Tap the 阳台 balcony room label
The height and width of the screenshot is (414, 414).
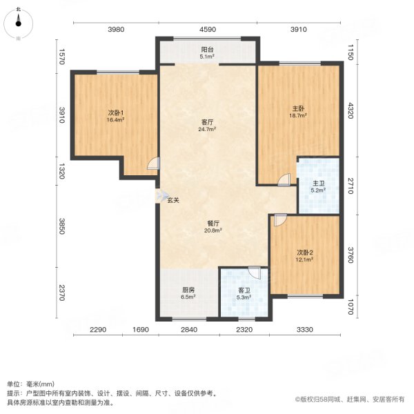206,50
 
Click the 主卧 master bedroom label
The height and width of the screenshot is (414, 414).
298,108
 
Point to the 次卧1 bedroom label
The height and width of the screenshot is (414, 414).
115,112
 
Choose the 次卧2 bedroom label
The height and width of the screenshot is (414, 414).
305,252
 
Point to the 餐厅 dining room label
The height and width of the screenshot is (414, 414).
213,223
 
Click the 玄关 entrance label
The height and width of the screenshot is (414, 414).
173,201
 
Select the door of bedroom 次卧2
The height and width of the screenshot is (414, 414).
278,220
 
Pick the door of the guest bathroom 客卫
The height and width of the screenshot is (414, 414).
255,272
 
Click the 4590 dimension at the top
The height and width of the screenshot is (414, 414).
208,29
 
